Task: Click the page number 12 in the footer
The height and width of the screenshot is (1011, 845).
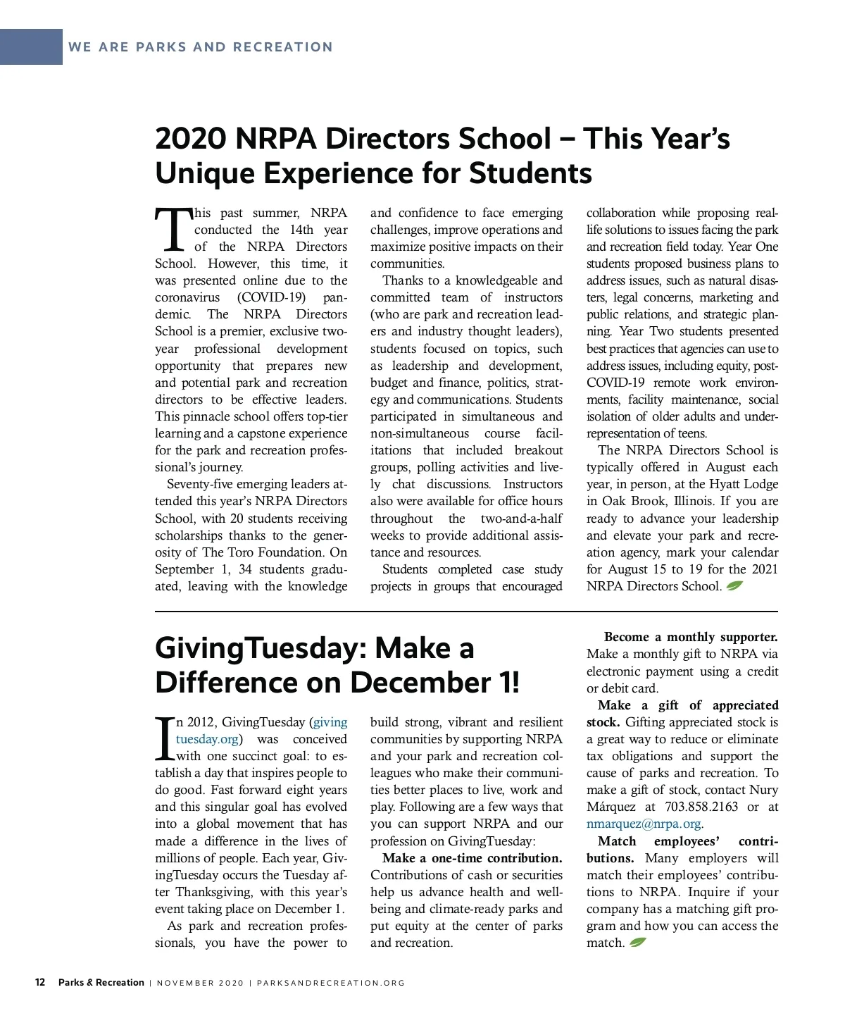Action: point(40,982)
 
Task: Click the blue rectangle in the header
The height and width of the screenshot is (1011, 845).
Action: point(31,46)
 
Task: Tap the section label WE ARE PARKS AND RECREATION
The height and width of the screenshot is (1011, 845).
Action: point(200,47)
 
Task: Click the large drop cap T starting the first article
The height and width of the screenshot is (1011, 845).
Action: point(173,229)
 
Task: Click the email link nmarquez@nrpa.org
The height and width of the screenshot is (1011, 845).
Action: point(644,824)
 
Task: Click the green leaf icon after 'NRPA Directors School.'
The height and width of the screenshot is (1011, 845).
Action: point(734,585)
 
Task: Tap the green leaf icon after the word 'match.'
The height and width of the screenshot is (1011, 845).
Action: point(638,943)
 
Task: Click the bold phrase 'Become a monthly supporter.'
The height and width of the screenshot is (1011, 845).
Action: point(690,637)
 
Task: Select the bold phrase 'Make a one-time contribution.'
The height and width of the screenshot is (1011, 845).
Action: point(472,858)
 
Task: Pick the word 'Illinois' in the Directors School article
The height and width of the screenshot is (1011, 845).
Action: point(693,501)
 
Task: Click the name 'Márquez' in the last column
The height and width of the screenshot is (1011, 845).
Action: point(611,807)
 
